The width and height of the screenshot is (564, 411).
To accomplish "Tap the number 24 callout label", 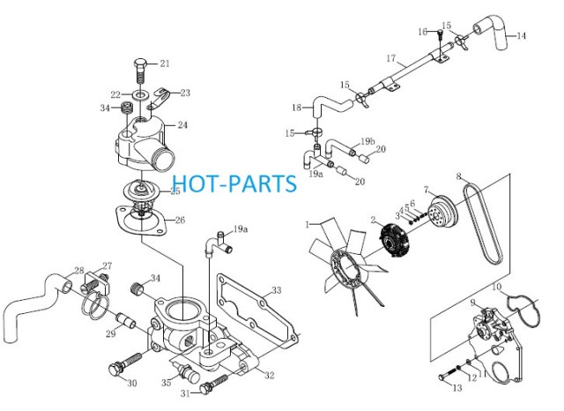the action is [182, 125].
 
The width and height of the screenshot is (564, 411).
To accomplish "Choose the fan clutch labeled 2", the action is [394, 241].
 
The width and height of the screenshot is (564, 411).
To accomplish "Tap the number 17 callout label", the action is [391, 58].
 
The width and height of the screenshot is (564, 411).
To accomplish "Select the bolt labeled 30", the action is [125, 362].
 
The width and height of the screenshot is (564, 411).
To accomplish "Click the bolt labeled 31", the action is [213, 384].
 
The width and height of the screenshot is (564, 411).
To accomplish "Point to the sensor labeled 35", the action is [188, 372].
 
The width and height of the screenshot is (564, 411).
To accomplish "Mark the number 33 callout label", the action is [276, 290].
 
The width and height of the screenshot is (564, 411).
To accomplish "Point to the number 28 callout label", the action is [79, 271].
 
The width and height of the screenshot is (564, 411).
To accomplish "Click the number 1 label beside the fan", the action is [308, 225].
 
